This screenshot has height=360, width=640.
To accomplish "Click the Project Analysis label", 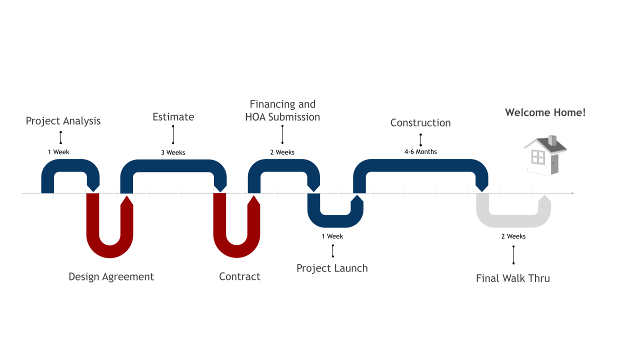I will point(63,121).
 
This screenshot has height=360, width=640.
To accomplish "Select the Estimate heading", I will point(173,117).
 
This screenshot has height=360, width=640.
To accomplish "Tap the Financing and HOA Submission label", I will point(282,110).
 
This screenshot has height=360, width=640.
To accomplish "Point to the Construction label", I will point(420,123).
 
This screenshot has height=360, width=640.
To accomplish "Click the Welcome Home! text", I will point(545,112).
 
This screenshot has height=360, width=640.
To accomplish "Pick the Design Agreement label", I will point(111,276).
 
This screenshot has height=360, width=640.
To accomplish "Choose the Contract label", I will point(239,276).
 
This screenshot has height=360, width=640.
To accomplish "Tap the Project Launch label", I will point(332,268).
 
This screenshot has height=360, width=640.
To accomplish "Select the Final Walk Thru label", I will point(512,278).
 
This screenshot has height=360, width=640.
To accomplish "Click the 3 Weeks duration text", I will point(173,152).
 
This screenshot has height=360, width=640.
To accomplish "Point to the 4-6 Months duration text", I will point(420,151).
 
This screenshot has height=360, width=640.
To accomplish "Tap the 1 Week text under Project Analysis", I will point(58,151).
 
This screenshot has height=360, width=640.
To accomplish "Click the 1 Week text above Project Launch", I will point(332,236).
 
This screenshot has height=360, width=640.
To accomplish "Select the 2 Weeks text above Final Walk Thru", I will point(513,236).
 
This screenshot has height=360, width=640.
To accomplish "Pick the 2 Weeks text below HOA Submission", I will point(282,152).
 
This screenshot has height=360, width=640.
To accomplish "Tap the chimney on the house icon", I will point(552,140).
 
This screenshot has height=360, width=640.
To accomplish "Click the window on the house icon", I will point(538,157).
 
